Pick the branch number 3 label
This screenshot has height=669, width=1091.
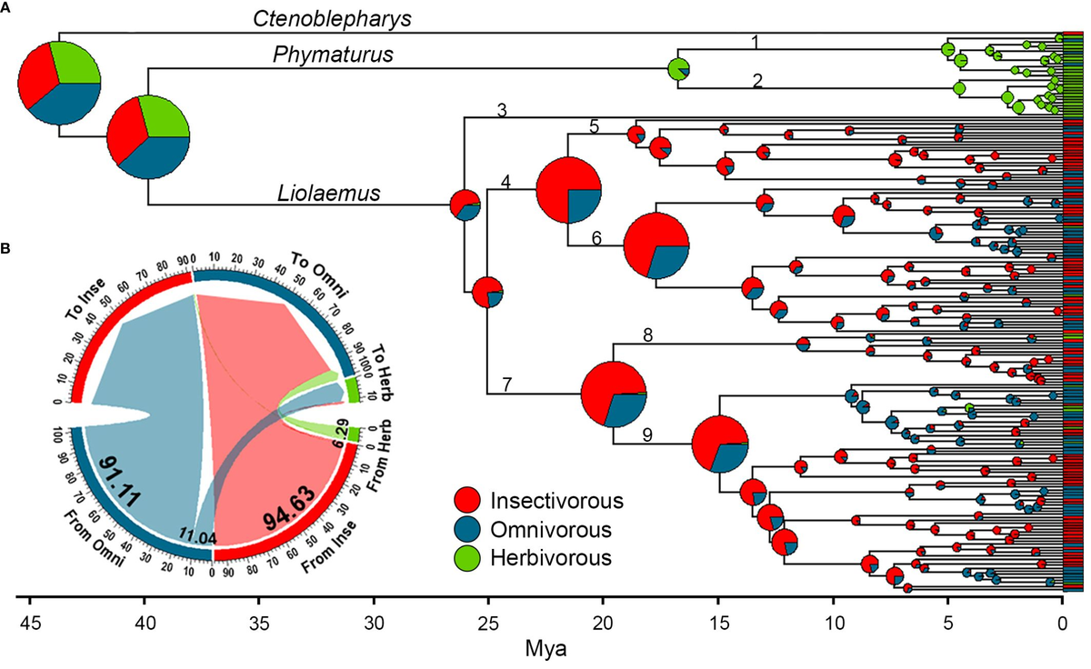[x=501, y=110]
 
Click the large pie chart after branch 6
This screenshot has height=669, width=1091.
[x=656, y=245]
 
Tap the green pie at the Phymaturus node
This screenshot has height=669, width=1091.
[x=678, y=68]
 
